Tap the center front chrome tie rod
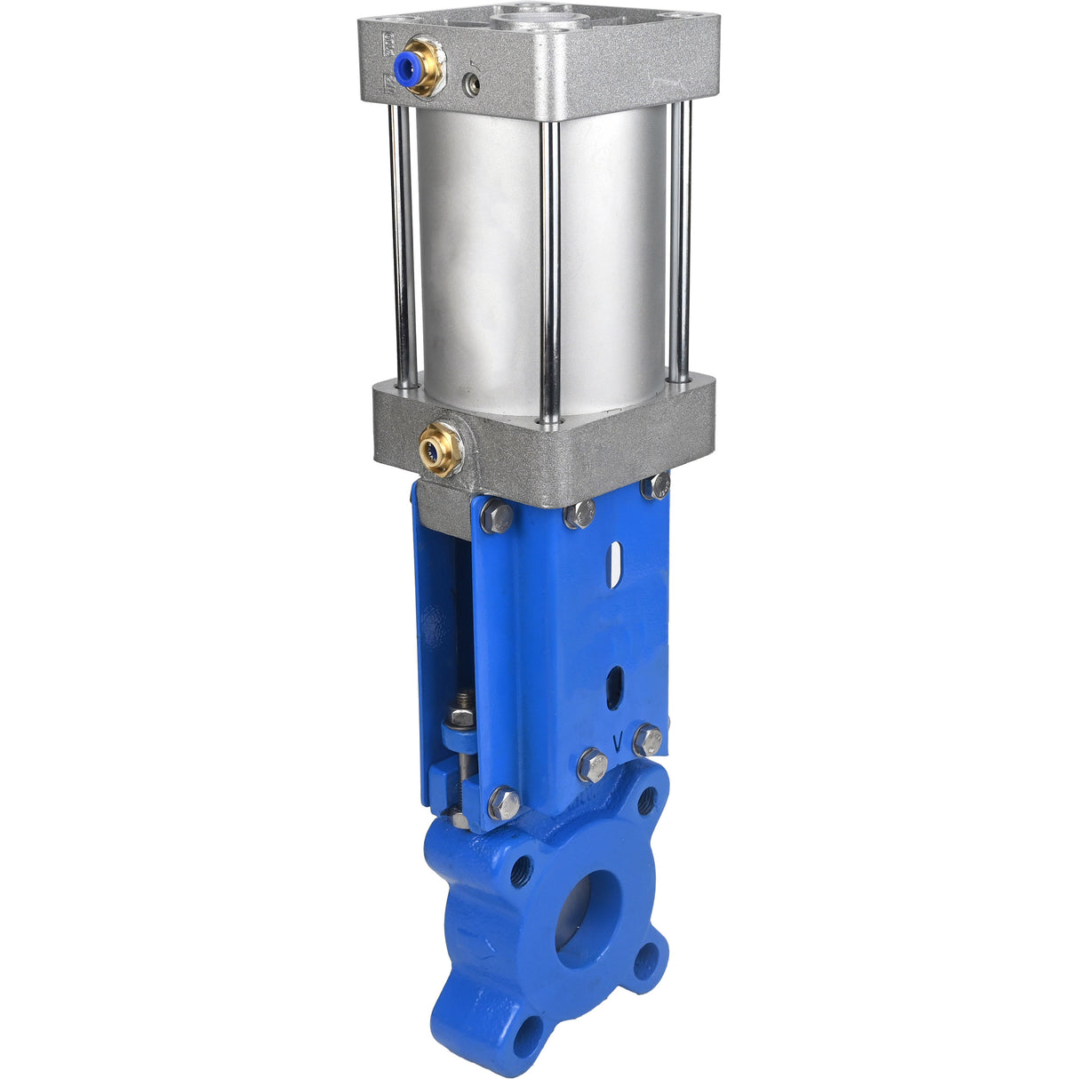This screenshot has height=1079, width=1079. click(x=551, y=267)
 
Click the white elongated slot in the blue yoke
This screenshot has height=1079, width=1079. click(x=611, y=567)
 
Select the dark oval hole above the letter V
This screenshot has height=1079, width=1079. click(x=613, y=689)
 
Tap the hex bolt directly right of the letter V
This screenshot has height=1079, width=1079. click(x=648, y=739)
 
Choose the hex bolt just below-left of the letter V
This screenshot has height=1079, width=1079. click(x=593, y=765)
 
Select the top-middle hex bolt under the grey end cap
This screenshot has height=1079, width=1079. click(x=579, y=513)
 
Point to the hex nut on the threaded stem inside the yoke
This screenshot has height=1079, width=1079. click(x=460, y=716)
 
